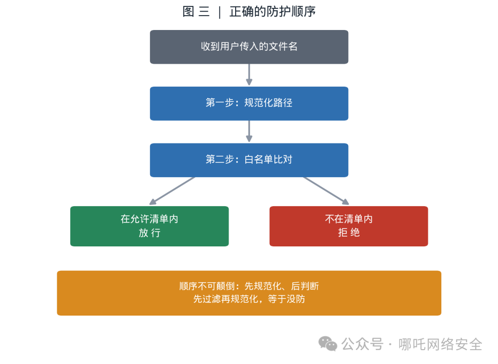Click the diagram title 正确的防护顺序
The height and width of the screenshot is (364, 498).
click(x=272, y=12)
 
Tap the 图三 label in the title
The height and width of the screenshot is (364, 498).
click(x=196, y=12)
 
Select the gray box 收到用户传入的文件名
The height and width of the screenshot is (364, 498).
click(x=249, y=47)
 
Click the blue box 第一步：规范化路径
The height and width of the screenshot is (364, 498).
click(x=249, y=103)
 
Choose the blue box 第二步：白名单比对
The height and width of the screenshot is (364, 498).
click(x=249, y=160)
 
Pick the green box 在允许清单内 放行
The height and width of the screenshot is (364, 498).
click(x=149, y=226)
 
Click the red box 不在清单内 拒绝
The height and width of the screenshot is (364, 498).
click(x=349, y=226)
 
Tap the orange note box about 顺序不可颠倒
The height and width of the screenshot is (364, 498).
click(x=249, y=293)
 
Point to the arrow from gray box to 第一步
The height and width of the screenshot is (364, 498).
click(x=249, y=75)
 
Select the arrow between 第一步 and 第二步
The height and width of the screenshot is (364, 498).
click(x=249, y=131)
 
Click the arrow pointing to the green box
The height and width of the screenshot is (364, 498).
click(x=172, y=191)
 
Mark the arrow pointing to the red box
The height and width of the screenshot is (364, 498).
click(x=326, y=191)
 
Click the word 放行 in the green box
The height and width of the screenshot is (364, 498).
click(x=149, y=233)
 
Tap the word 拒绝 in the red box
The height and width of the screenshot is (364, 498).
click(x=349, y=233)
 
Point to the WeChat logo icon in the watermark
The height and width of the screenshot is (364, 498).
click(x=328, y=344)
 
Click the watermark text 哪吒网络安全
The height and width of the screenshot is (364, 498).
click(x=440, y=344)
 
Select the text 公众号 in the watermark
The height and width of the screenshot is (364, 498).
click(x=362, y=344)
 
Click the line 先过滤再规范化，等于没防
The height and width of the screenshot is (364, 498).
click(x=249, y=299)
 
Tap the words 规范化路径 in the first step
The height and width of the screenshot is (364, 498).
click(x=268, y=103)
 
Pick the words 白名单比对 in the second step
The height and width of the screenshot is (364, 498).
click(x=268, y=160)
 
